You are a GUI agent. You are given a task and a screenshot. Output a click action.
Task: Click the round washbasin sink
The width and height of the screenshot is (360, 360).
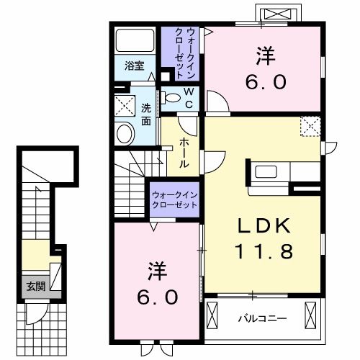[x=125, y=134]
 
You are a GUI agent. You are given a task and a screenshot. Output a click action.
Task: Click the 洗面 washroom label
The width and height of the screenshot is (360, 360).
[x=146, y=115]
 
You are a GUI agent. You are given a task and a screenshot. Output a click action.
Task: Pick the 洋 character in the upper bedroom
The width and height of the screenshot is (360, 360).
[x=264, y=55]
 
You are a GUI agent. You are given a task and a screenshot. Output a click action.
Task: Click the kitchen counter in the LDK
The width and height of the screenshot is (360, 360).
[x=284, y=172]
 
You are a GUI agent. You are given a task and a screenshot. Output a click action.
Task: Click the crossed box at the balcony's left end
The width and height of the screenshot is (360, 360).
[x=214, y=315]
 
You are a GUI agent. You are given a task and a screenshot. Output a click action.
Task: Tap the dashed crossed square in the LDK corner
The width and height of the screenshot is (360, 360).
[x=311, y=127]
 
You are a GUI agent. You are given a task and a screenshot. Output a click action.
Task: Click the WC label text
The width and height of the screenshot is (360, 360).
[x=187, y=97]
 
